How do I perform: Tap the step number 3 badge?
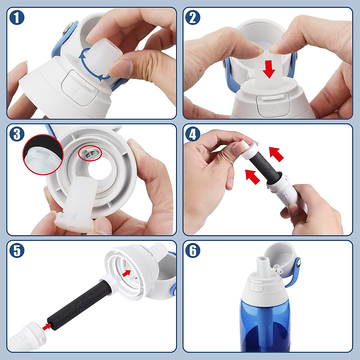tap(17, 134)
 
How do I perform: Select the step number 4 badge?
tap(193, 134)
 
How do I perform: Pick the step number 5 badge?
tap(17, 250)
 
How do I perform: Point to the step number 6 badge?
tap(193, 250)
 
